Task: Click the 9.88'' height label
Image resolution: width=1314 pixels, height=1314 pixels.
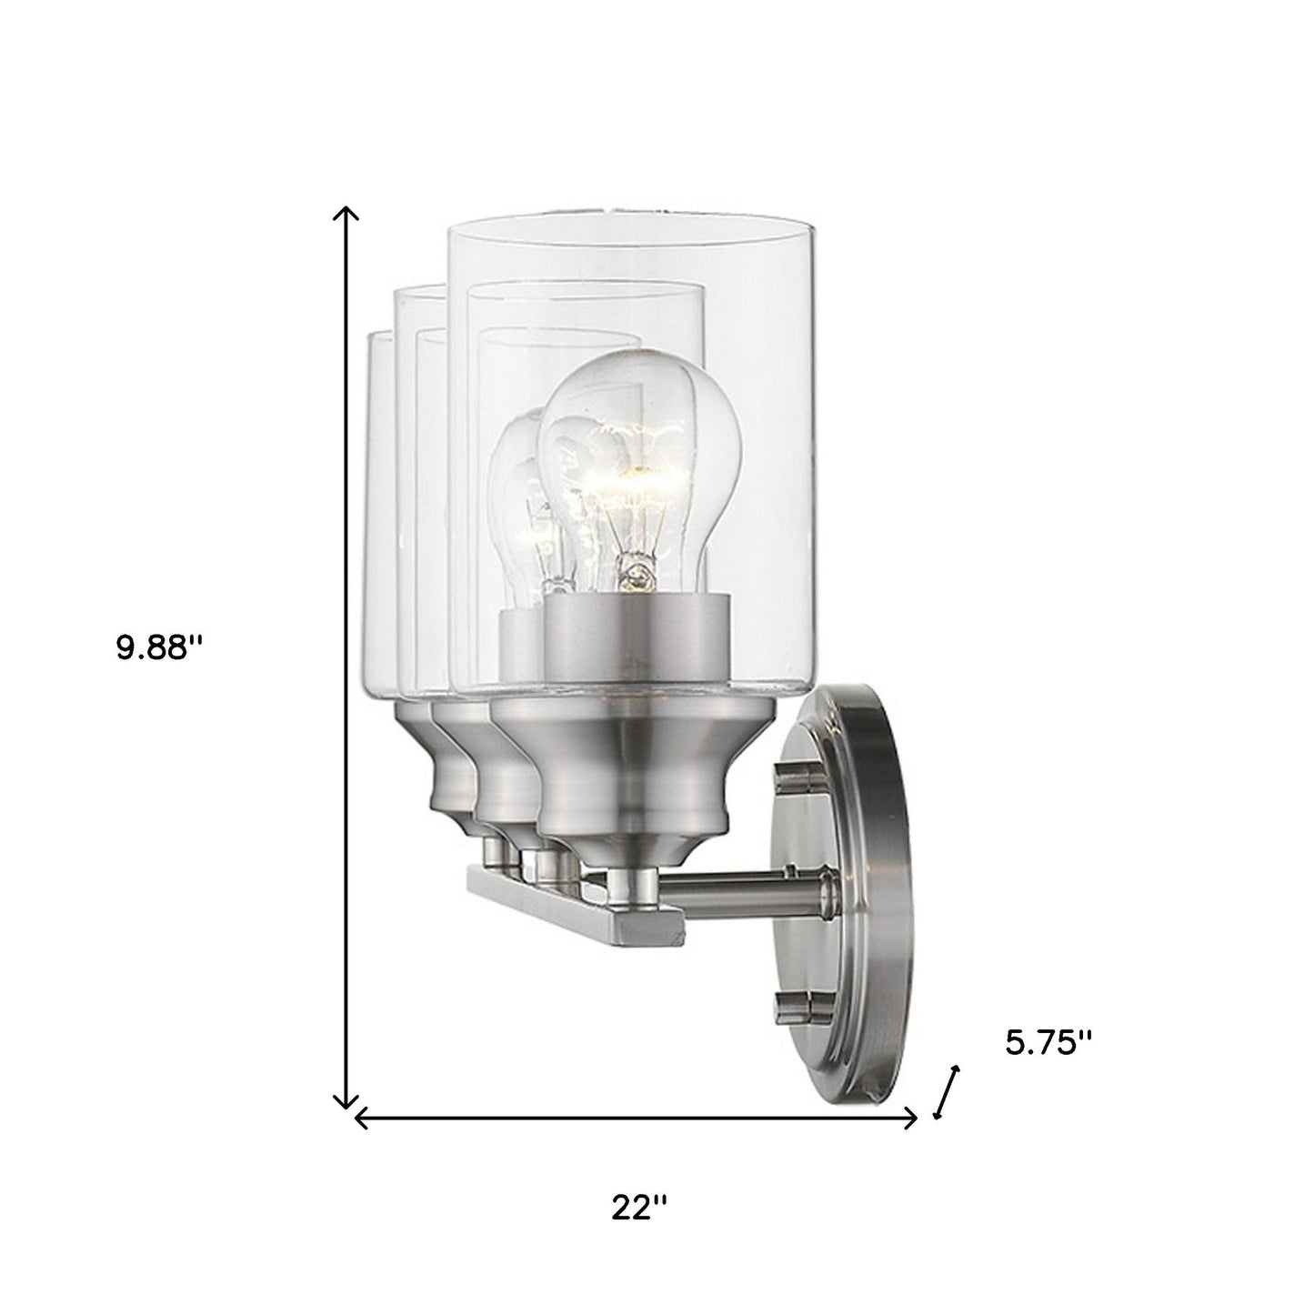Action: pos(159,647)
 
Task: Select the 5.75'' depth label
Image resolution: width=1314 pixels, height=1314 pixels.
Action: pos(1048,1043)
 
